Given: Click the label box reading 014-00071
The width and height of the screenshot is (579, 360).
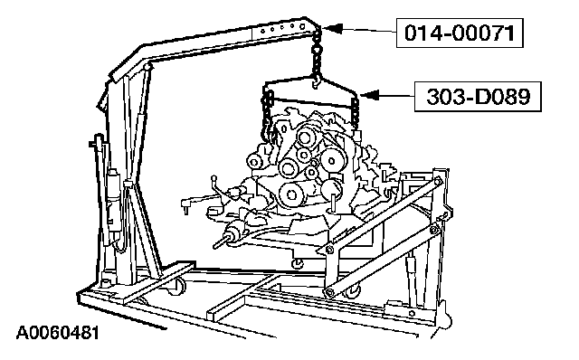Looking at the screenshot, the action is pyautogui.click(x=460, y=33).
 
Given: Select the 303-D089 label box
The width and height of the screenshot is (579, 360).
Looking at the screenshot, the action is pyautogui.click(x=478, y=97).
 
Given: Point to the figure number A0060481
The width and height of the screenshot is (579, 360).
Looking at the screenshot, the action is pyautogui.click(x=58, y=333).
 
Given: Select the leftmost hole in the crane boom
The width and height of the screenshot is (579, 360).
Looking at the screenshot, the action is pyautogui.click(x=263, y=32).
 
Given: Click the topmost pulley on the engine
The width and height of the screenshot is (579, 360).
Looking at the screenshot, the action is pyautogui.click(x=305, y=137).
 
